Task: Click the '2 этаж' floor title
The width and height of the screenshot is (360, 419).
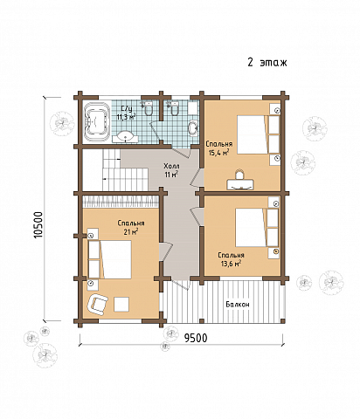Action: click(x=267, y=63)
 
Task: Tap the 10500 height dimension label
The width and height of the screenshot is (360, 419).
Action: click(x=38, y=224)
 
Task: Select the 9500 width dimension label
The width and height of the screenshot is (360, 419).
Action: click(x=196, y=338)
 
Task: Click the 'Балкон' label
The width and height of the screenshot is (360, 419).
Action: click(x=238, y=305)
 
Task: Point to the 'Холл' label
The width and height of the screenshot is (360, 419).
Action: click(x=171, y=166)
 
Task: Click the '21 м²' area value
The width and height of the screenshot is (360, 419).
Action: click(x=132, y=232)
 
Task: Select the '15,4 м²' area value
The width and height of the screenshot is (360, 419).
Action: click(x=218, y=153)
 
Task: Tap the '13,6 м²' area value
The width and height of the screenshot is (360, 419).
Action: click(x=231, y=264)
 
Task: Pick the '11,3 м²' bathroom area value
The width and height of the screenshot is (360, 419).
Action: click(x=127, y=117)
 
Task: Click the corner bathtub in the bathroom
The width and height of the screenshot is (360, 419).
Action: click(x=96, y=121)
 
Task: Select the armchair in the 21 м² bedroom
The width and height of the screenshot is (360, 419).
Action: click(x=98, y=305)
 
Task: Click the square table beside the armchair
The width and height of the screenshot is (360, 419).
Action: click(x=121, y=304)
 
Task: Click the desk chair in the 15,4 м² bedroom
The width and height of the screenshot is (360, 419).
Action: click(x=239, y=175)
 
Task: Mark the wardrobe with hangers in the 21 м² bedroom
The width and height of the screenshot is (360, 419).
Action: click(x=121, y=202)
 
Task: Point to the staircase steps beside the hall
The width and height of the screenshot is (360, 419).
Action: click(x=125, y=169)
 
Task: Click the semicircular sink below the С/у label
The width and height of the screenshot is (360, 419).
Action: click(x=125, y=137)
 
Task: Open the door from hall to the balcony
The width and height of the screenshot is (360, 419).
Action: click(x=181, y=282)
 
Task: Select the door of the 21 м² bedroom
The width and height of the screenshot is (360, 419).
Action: click(x=164, y=251)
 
